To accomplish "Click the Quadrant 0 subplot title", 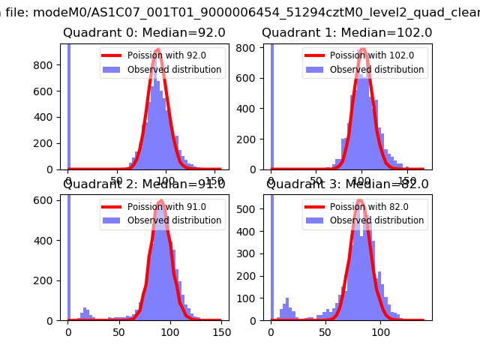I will coord(142,33).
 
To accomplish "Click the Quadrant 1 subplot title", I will coord(346,33).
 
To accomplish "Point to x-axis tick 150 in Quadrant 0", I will coord(214,181).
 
